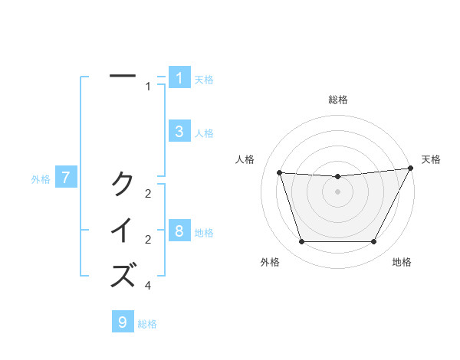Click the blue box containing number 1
pyautogui.click(x=179, y=78)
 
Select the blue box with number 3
pyautogui.click(x=179, y=132)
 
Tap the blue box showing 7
pyautogui.click(x=66, y=178)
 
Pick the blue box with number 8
pyautogui.click(x=179, y=231)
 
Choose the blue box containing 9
pyautogui.click(x=123, y=322)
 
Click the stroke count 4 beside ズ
pyautogui.click(x=148, y=286)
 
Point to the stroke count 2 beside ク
pyautogui.click(x=148, y=194)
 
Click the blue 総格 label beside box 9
pyautogui.click(x=147, y=324)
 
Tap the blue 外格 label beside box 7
pyautogui.click(x=41, y=179)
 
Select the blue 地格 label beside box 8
pyautogui.click(x=204, y=232)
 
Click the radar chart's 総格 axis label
pyautogui.click(x=337, y=100)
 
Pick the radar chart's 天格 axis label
pyautogui.click(x=431, y=159)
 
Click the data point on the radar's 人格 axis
pyautogui.click(x=279, y=172)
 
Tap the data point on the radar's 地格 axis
pyautogui.click(x=373, y=242)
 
